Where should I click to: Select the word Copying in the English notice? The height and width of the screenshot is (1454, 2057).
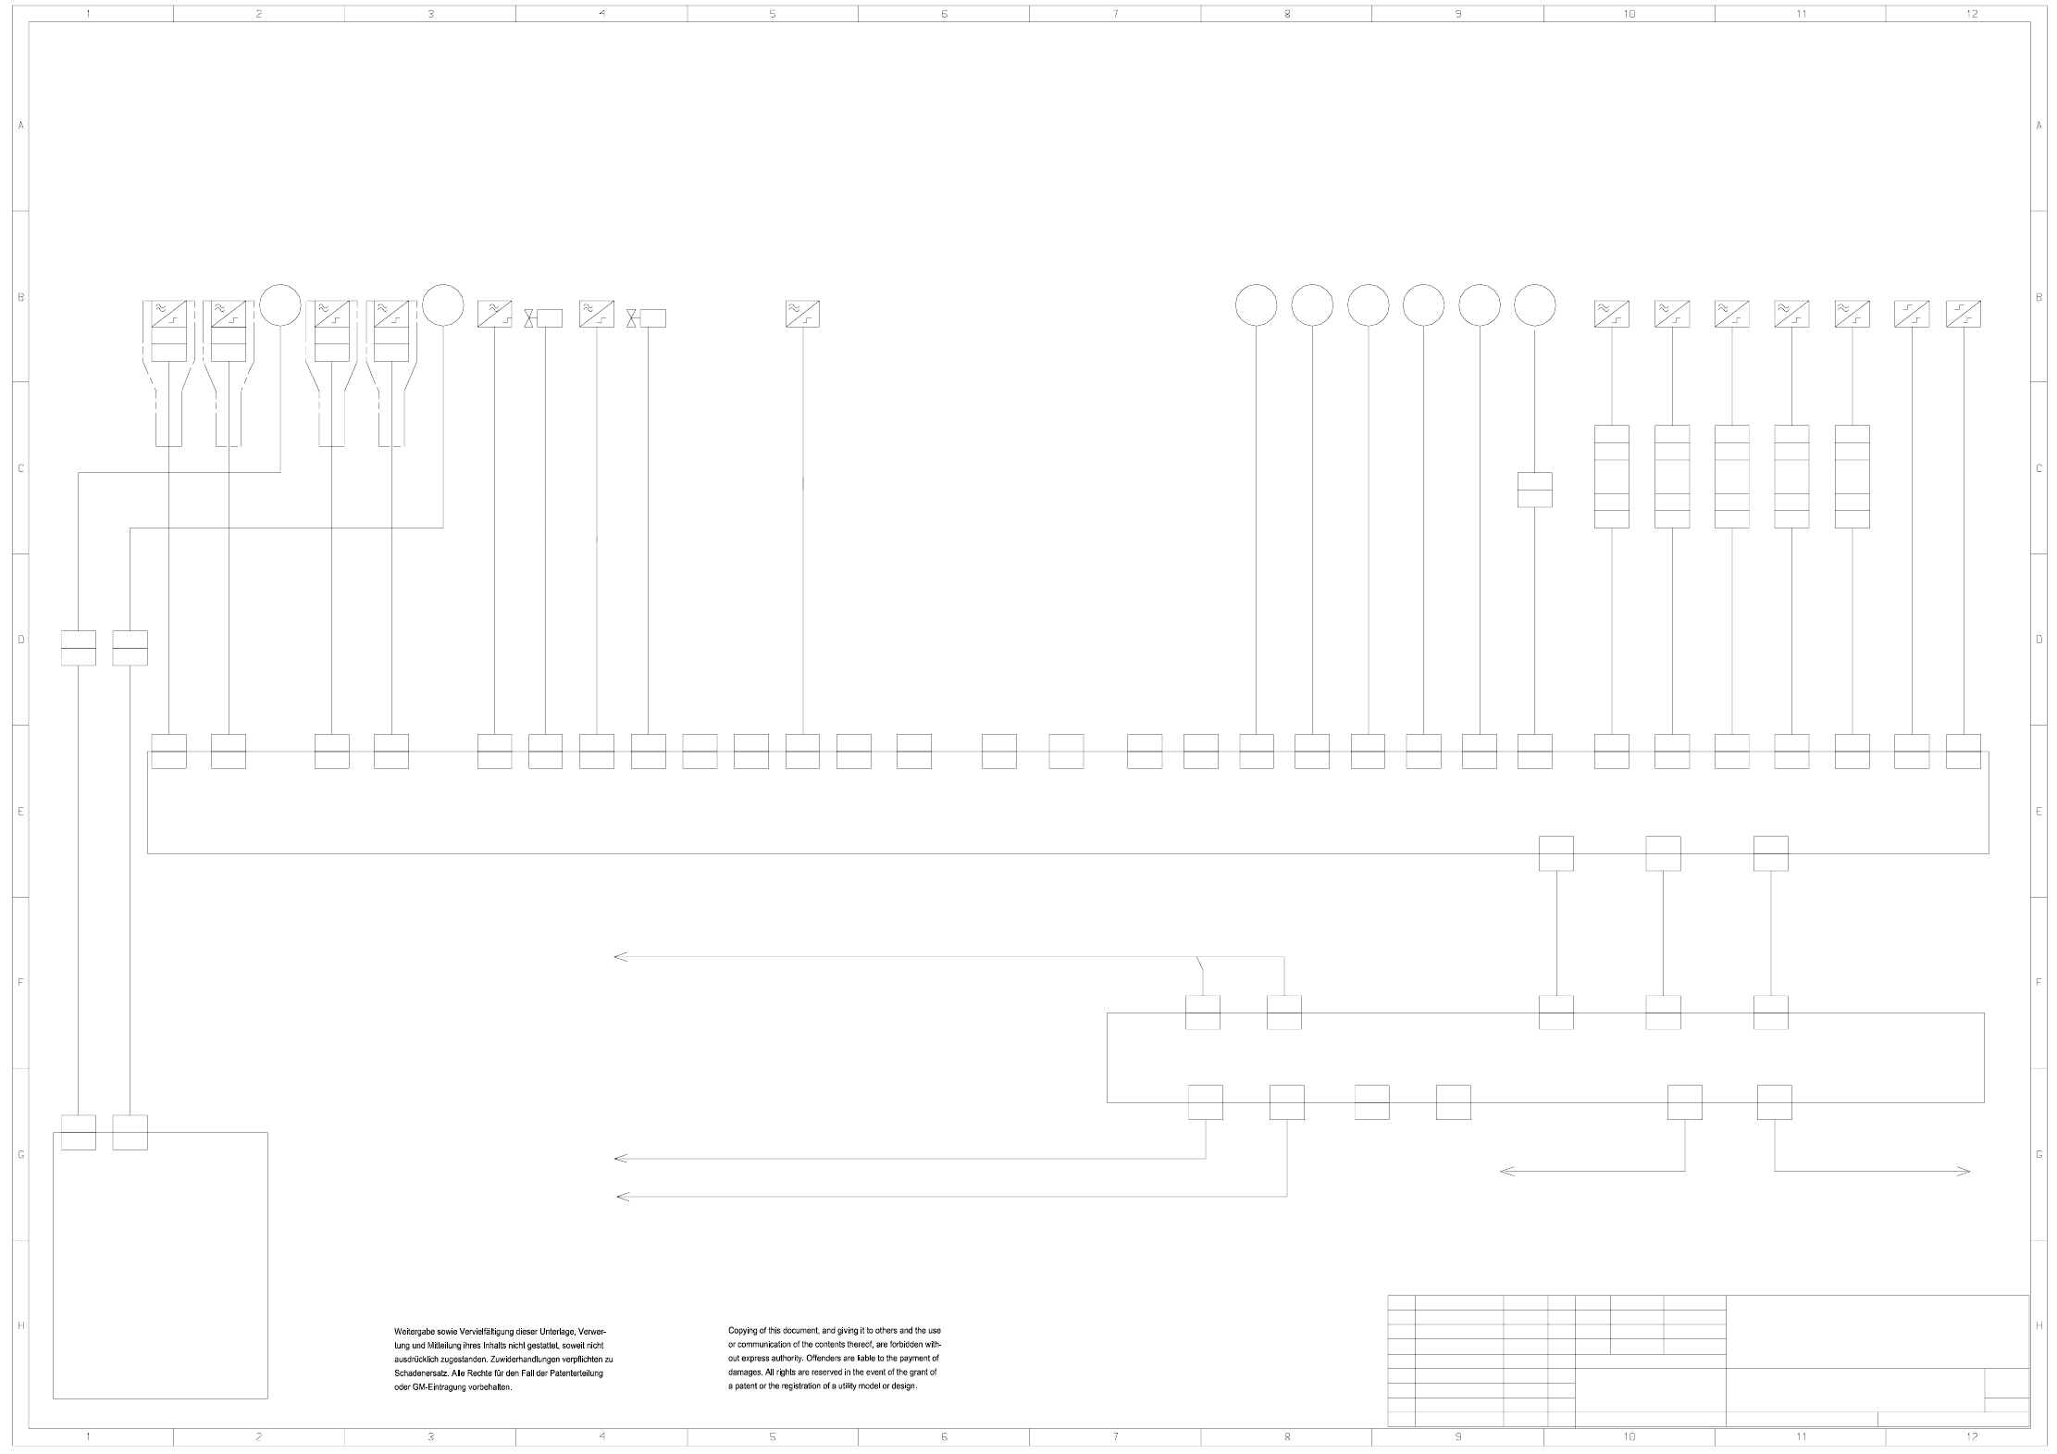tap(743, 1330)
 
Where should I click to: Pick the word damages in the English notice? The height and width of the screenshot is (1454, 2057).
tap(745, 1372)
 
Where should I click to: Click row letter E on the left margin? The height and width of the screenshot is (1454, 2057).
tap(20, 812)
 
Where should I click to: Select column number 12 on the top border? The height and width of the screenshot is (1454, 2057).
tap(1972, 14)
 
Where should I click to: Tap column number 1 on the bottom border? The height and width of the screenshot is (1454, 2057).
tap(88, 1436)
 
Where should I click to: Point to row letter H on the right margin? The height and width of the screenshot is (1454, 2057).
tap(2039, 1325)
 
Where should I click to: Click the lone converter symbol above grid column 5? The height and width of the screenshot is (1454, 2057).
tap(802, 314)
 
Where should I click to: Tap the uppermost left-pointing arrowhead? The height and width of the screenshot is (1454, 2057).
tap(620, 957)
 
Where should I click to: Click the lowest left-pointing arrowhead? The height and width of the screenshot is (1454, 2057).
tap(623, 1197)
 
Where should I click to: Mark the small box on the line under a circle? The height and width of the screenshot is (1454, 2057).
tap(1534, 490)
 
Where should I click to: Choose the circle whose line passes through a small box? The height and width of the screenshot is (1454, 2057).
tap(1534, 304)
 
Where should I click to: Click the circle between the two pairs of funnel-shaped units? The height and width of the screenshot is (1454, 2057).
tap(279, 304)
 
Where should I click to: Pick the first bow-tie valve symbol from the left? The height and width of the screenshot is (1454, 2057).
tap(529, 318)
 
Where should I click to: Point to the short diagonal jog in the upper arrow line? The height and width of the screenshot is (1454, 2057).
tap(1200, 963)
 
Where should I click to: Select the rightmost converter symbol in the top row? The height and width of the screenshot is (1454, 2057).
tap(1964, 314)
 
